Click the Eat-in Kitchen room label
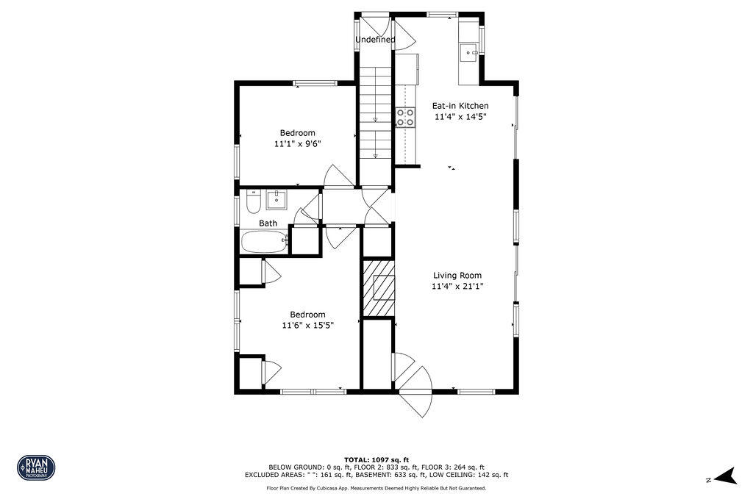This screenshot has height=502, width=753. [460, 106]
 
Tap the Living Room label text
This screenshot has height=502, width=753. [457, 276]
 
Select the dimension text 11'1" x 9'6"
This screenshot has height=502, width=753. [297, 144]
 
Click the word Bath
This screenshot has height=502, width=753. [268, 223]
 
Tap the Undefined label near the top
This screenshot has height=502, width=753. [375, 40]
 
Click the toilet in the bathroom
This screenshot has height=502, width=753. [252, 201]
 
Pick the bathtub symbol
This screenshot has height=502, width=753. [264, 241]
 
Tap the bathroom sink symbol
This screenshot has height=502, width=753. [276, 198]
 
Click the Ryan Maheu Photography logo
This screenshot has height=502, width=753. [36, 467]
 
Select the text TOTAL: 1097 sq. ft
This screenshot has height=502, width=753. [376, 459]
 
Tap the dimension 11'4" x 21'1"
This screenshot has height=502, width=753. [457, 287]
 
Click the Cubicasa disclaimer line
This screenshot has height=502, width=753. [376, 488]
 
